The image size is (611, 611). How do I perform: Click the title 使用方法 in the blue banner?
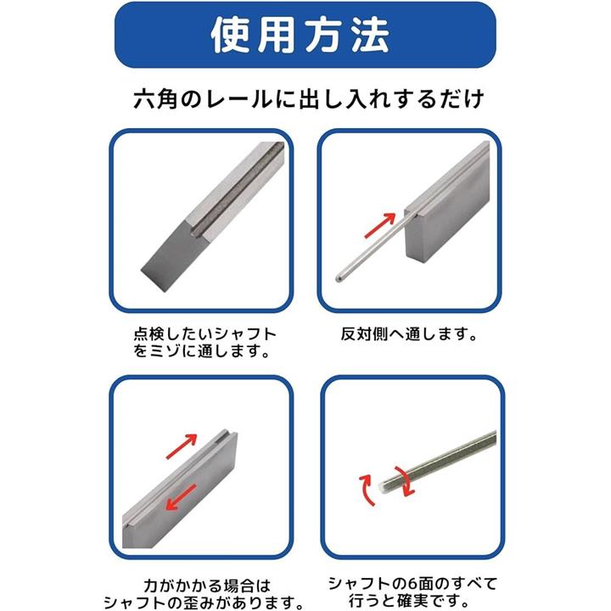300,35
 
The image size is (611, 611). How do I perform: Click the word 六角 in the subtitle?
156,99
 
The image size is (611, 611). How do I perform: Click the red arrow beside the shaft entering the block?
380,225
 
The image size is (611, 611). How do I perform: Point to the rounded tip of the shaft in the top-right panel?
339,278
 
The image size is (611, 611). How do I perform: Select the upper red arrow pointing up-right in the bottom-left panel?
182,446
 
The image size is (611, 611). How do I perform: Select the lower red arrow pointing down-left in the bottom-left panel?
182,497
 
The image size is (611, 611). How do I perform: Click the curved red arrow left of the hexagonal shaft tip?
366,490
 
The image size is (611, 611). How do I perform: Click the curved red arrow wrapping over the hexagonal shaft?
406,481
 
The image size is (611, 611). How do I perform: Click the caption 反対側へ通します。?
409,334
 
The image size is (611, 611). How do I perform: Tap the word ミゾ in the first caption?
165,351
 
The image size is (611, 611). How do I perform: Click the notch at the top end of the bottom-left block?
226,432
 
